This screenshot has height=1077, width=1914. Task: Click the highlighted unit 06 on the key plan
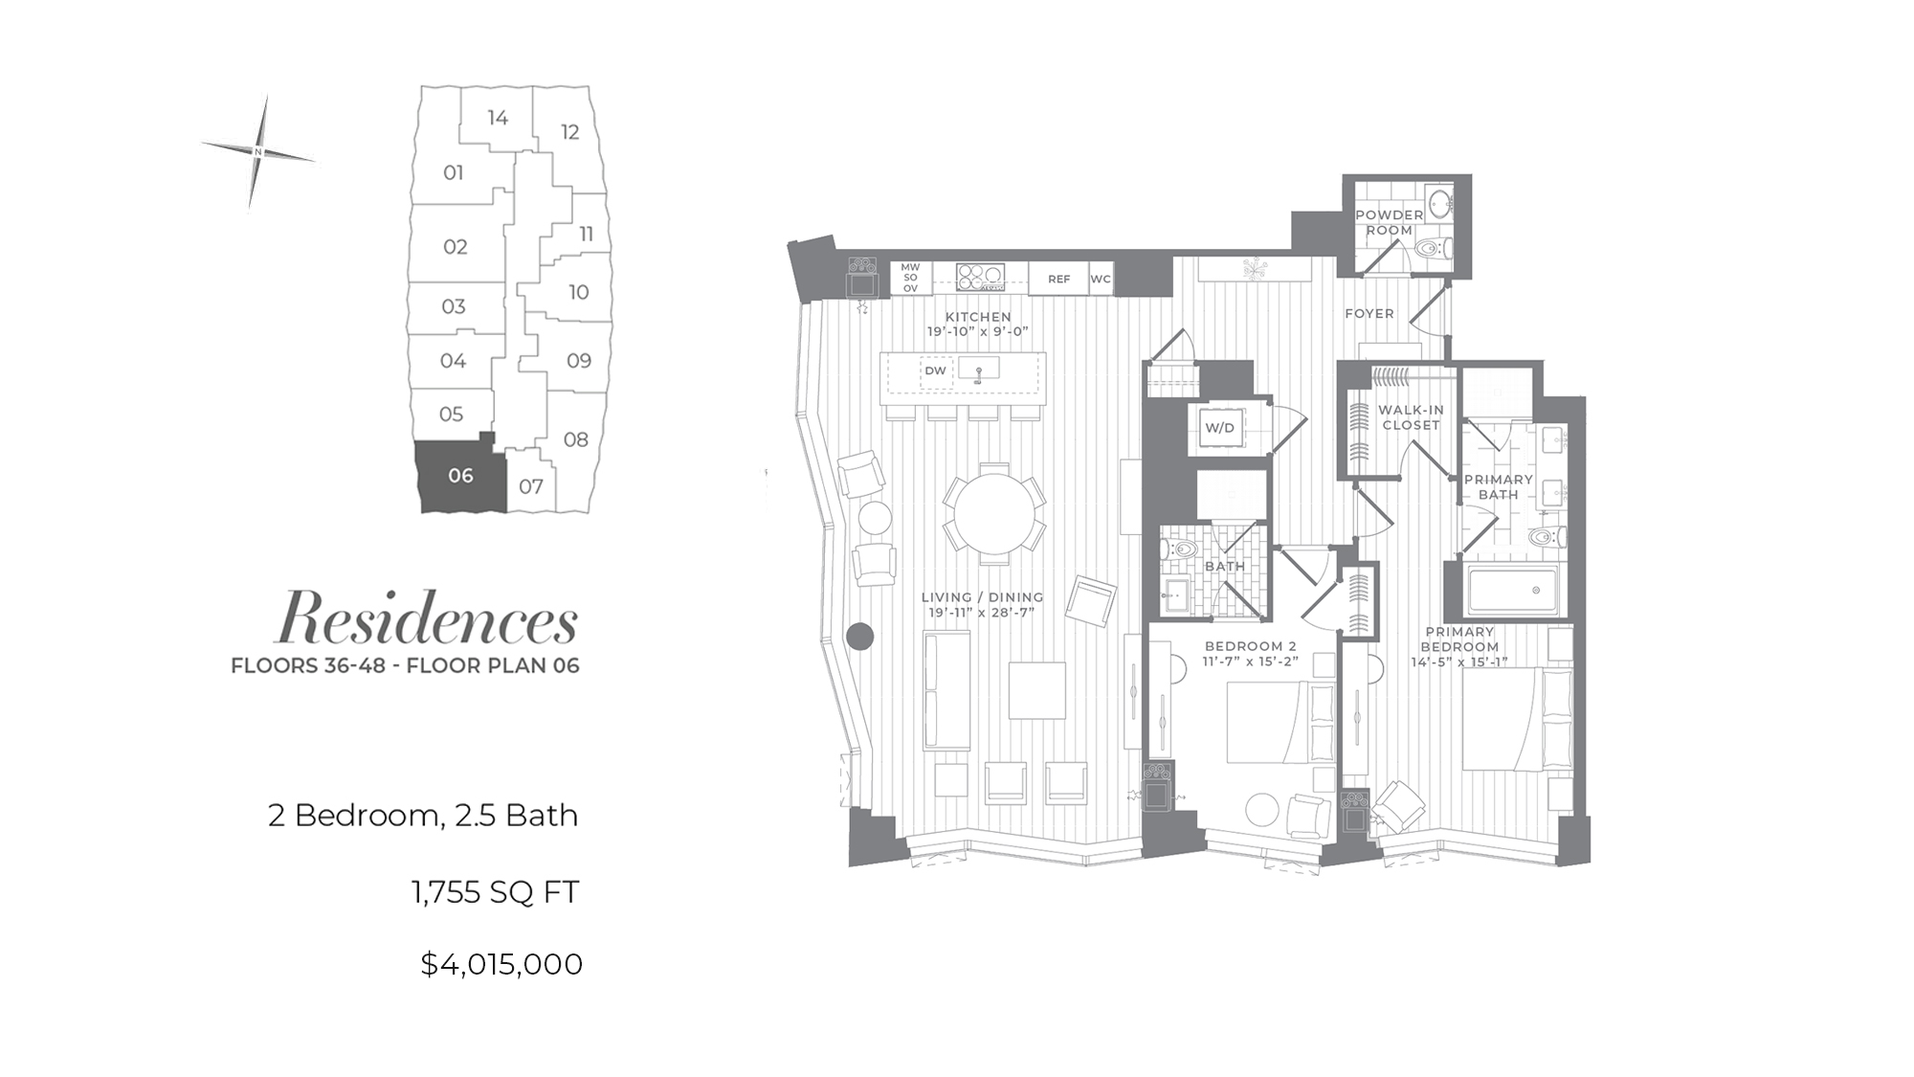coord(460,477)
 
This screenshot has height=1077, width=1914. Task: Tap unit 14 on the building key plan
coord(497,118)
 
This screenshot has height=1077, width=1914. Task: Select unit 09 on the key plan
coord(578,360)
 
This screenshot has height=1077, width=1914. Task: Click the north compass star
coord(258,151)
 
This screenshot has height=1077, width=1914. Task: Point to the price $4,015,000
coord(501,964)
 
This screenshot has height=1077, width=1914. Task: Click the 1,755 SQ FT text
coord(496,892)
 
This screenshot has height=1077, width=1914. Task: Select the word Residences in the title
coord(427,617)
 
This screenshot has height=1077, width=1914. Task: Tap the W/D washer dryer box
coord(1219,428)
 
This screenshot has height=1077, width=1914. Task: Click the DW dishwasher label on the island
coord(935,370)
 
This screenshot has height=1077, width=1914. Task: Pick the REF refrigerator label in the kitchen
coord(1058,280)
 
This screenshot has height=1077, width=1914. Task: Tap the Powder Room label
coord(1389,222)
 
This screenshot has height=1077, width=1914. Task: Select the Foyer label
coord(1369,313)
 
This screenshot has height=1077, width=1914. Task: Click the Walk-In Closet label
coord(1411,417)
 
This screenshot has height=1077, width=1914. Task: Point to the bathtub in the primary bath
coord(1512,590)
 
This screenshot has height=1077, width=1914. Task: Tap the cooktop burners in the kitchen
coord(980,277)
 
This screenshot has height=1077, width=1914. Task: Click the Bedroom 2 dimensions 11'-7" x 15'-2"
coord(1250,661)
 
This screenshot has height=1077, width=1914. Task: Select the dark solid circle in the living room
coord(860,637)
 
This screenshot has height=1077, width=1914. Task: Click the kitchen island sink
coord(978,369)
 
